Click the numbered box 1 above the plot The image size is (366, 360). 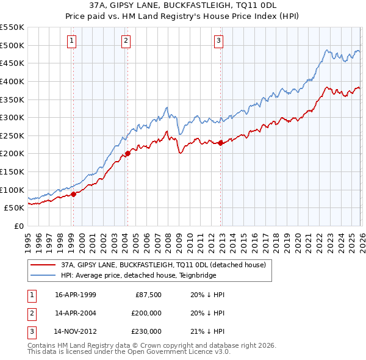(72, 41)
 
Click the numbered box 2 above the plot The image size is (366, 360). (126, 41)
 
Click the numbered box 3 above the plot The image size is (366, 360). (218, 41)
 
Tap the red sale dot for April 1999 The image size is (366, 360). (74, 194)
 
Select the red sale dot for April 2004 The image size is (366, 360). (127, 153)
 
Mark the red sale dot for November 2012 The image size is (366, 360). (220, 143)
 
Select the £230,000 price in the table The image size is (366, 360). (146, 331)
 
